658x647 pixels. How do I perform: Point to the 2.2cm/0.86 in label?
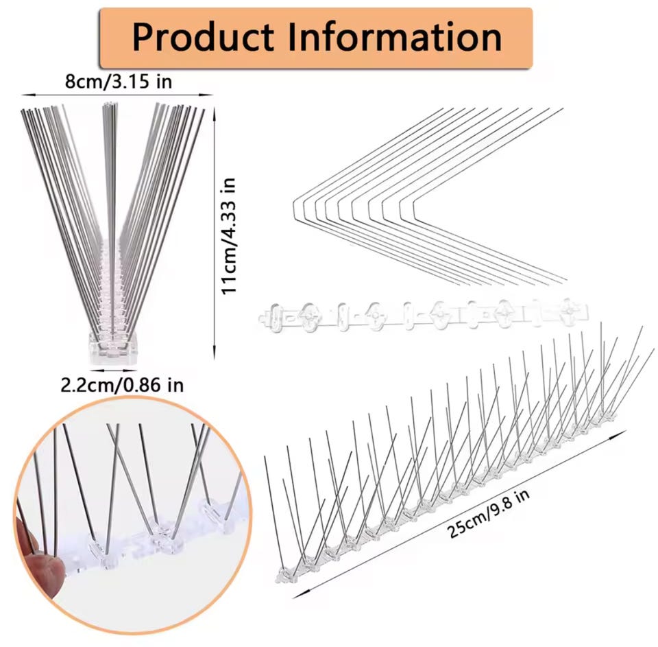122,385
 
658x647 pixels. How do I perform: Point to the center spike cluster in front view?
110,172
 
